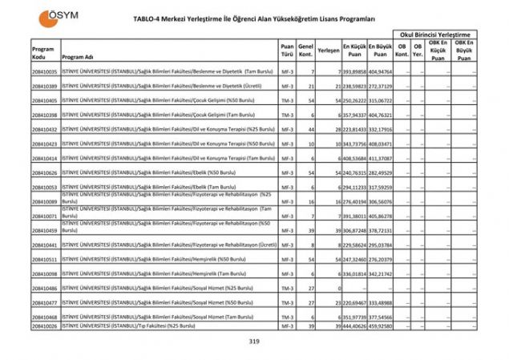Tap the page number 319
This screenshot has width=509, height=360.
[255, 342]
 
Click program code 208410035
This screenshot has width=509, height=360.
[45, 71]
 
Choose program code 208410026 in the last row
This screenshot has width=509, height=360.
[45, 326]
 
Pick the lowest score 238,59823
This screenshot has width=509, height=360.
[353, 86]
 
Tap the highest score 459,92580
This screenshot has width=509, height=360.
[381, 326]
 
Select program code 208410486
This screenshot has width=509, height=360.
[45, 288]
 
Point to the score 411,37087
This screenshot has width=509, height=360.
[381, 158]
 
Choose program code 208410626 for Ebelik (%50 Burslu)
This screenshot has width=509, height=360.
[45, 172]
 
